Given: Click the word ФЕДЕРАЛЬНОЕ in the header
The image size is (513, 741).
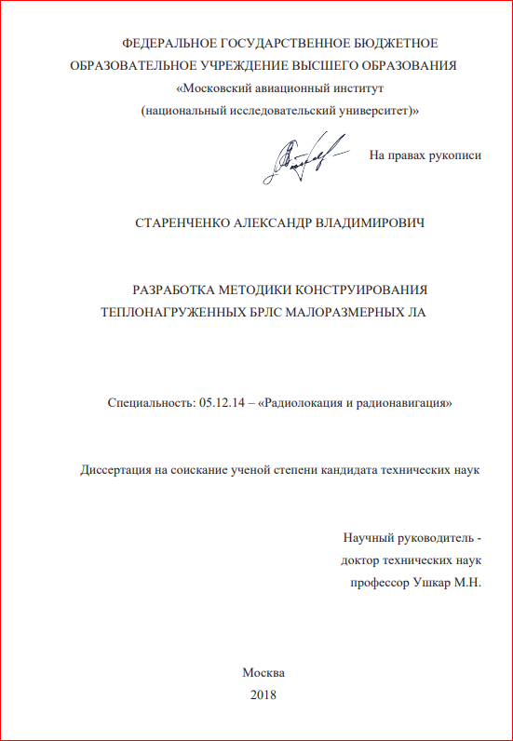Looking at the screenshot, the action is (169, 44).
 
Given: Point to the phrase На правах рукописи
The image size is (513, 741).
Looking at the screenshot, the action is (425, 155).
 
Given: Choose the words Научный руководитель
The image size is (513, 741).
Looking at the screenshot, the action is (408, 539).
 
